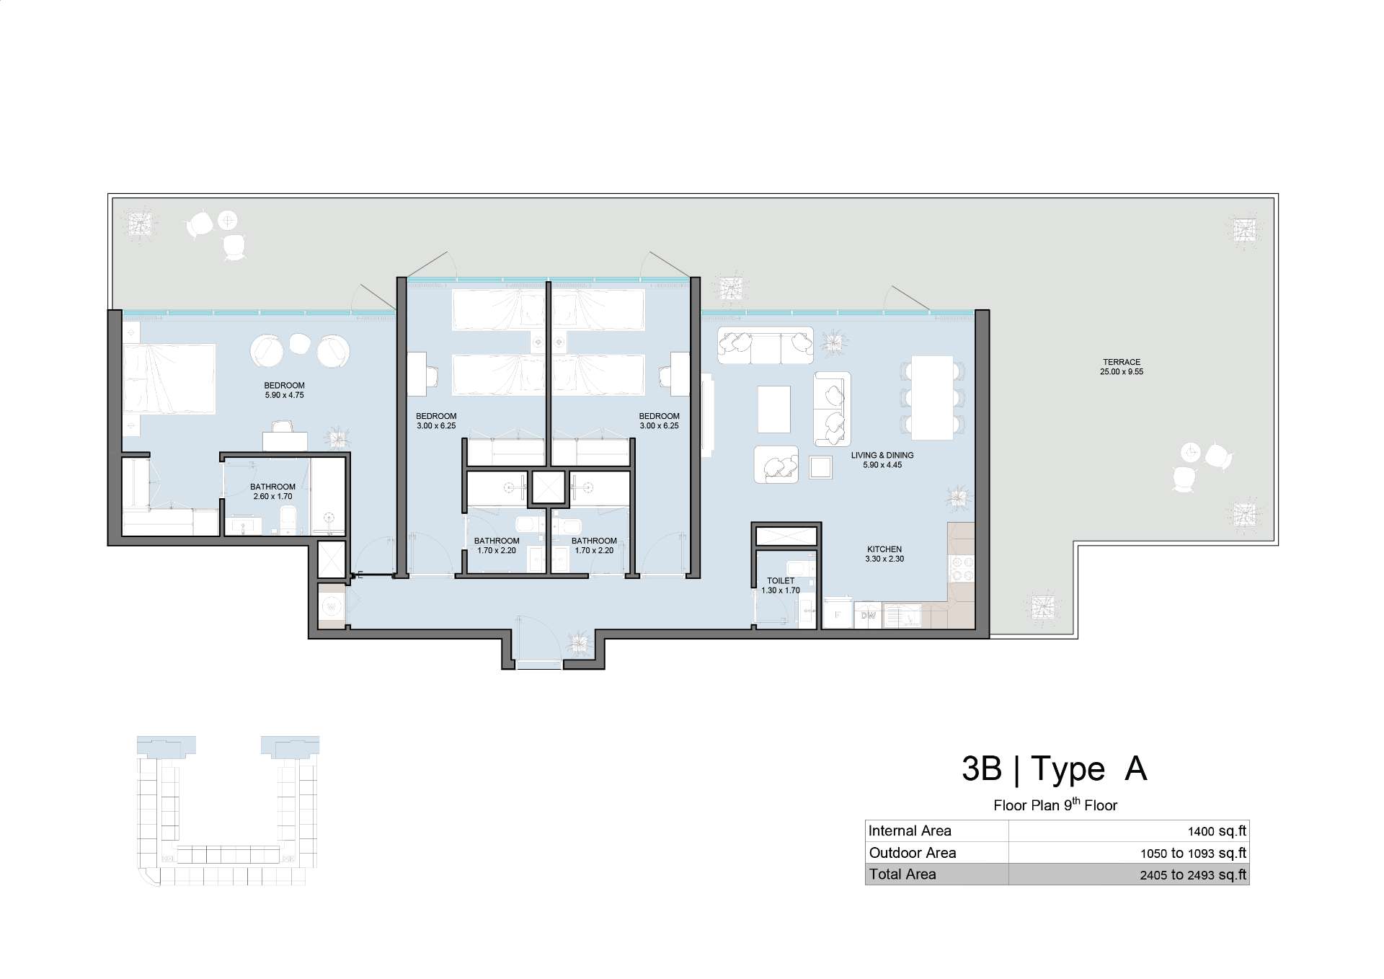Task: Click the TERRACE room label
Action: click(x=1122, y=362)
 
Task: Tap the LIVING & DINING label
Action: click(x=882, y=455)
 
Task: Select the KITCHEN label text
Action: click(x=884, y=549)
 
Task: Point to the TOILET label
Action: click(x=781, y=580)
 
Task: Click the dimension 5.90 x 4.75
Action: click(x=284, y=395)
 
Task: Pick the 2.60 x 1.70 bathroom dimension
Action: click(x=272, y=497)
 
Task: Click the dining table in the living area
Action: click(x=932, y=397)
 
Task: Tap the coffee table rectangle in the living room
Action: click(x=773, y=409)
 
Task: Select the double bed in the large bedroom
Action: click(x=169, y=379)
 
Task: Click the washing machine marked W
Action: click(x=332, y=607)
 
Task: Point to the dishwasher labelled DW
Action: click(x=868, y=615)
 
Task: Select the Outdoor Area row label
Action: click(x=913, y=853)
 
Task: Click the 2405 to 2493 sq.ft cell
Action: click(x=1193, y=875)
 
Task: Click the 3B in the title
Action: click(x=982, y=768)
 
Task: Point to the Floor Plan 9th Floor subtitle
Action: click(x=1055, y=805)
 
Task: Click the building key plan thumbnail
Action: click(x=228, y=811)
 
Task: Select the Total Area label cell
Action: click(x=902, y=874)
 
